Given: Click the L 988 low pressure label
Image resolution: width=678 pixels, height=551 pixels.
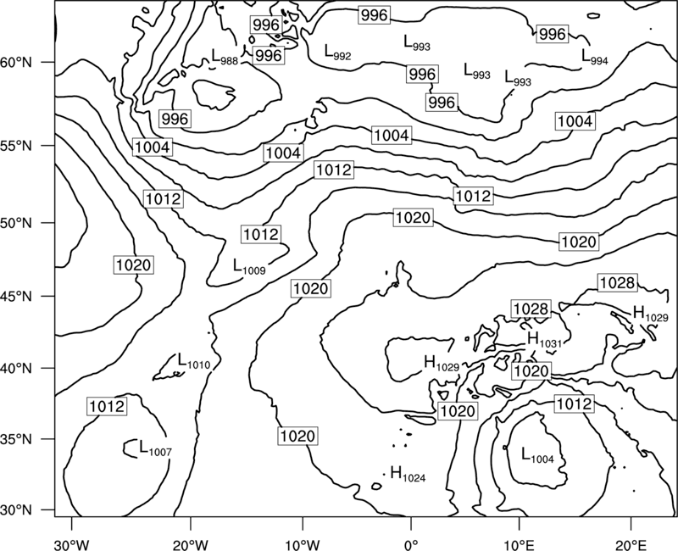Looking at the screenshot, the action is coord(225,57).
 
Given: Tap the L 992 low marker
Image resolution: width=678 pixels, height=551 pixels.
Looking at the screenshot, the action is coord(337,52).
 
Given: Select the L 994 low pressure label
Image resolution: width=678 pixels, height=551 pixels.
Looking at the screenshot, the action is coord(595,57).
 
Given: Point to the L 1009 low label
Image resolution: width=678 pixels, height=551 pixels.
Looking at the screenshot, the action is coord(249,266).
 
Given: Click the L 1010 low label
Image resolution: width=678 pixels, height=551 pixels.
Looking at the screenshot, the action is coord(194,361).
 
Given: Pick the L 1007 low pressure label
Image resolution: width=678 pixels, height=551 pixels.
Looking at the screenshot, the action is coord(155,448).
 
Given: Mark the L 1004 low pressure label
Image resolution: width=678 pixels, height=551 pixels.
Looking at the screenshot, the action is coord(537,455).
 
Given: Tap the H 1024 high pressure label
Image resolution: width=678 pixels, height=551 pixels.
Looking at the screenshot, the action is coord(408,474).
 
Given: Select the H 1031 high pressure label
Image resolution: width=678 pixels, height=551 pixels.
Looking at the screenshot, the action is coord(544,339).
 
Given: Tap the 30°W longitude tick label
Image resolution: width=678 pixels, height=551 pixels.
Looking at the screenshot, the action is coord(72,544).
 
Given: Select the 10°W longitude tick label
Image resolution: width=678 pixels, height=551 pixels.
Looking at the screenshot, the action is coord(303,544).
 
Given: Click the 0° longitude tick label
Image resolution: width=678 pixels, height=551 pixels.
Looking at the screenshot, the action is coord(411,544).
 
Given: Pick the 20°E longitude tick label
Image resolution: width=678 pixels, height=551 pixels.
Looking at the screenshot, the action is coord(631,544).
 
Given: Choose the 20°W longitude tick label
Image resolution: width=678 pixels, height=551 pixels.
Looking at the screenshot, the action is coord(190,544).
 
